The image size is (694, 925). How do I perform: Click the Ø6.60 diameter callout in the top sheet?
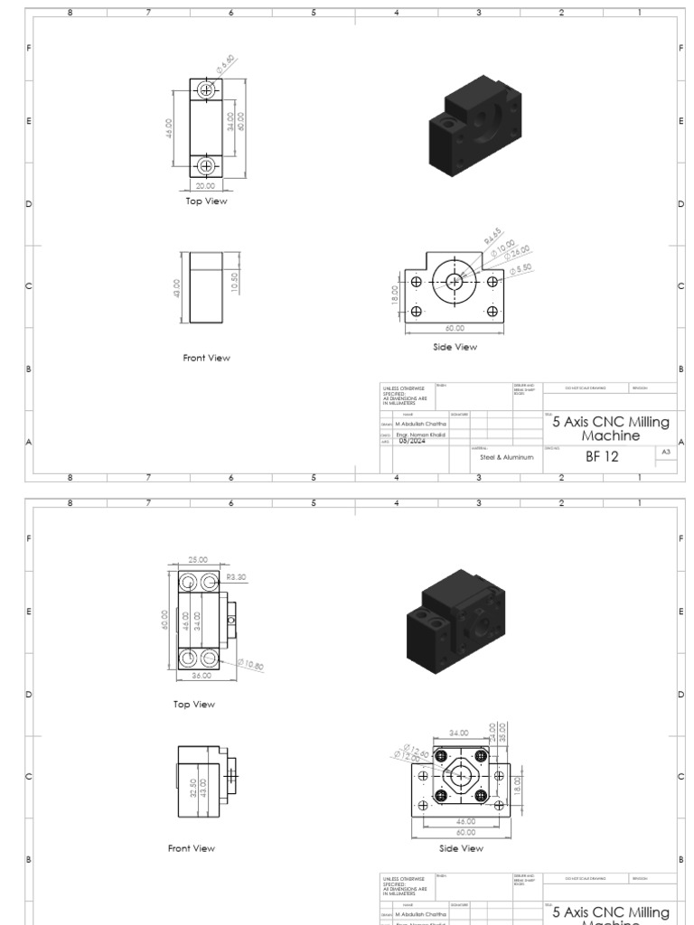(x=226, y=63)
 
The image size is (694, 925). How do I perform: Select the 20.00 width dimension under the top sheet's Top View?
(x=206, y=185)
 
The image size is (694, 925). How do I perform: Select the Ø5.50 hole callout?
(x=521, y=269)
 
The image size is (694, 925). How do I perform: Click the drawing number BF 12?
(x=602, y=457)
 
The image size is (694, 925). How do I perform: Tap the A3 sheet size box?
(x=666, y=451)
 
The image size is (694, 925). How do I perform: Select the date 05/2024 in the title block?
(x=412, y=441)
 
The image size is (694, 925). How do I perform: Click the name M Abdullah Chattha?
(x=421, y=422)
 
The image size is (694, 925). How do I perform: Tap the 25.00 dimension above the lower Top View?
(x=196, y=560)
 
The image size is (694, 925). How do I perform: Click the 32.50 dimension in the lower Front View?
(x=193, y=776)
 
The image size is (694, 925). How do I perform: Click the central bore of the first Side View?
(x=454, y=282)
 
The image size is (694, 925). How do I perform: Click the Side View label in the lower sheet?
(x=461, y=848)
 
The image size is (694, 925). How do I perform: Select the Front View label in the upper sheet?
(x=206, y=358)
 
